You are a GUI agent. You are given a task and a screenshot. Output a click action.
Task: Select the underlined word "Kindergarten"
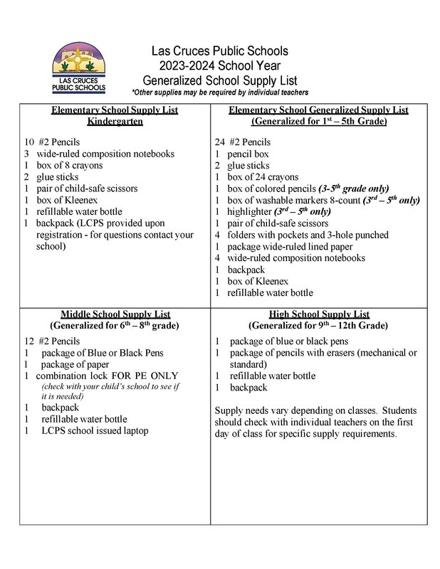[115, 122]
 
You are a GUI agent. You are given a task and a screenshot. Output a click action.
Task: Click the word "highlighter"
[246, 211]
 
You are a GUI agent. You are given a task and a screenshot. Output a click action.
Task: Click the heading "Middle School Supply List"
[115, 315]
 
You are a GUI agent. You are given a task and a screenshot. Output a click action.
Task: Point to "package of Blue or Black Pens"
[103, 352]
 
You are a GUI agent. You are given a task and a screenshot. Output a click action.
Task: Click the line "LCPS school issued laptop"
[98, 431]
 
